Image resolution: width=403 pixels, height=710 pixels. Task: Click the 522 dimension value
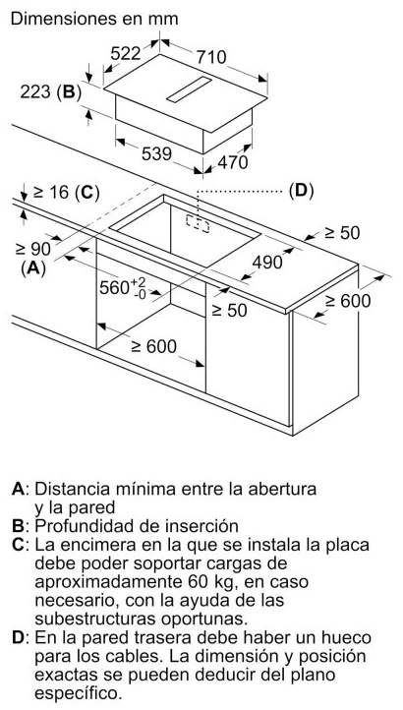pyautogui.click(x=126, y=53)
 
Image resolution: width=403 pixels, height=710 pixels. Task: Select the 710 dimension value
pyautogui.click(x=211, y=57)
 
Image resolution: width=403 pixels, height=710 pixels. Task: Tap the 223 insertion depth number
pyautogui.click(x=35, y=91)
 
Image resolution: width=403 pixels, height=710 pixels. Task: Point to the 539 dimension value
pyautogui.click(x=156, y=154)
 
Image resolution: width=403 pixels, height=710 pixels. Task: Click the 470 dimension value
pyautogui.click(x=233, y=162)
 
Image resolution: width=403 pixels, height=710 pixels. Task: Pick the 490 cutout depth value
pyautogui.click(x=267, y=262)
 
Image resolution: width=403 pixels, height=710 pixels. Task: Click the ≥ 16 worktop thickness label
pyautogui.click(x=51, y=193)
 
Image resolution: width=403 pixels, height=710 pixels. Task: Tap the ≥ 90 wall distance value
pyautogui.click(x=32, y=248)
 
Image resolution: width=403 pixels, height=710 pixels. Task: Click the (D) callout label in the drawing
pyautogui.click(x=301, y=192)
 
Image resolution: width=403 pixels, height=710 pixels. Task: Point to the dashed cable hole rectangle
pyautogui.click(x=198, y=223)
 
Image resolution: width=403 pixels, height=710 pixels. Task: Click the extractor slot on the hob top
pyautogui.click(x=190, y=89)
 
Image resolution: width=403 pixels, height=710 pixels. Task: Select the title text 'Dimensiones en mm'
pyautogui.click(x=94, y=19)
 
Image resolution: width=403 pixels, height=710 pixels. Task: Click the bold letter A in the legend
pyautogui.click(x=18, y=489)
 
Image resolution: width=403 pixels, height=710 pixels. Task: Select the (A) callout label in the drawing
pyautogui.click(x=33, y=268)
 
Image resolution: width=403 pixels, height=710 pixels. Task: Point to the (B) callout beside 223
pyautogui.click(x=69, y=91)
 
